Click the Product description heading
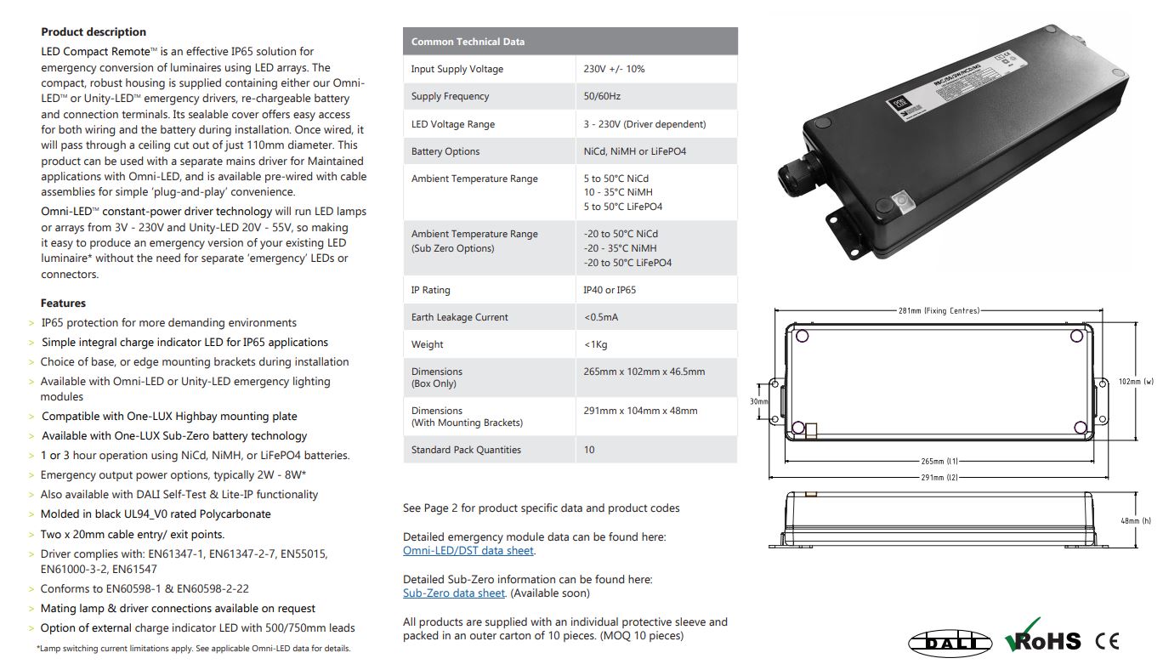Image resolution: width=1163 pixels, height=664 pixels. (94, 32)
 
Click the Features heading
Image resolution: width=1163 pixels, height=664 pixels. (63, 303)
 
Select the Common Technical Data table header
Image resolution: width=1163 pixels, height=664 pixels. (468, 42)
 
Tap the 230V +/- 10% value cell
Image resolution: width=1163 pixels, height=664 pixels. (614, 69)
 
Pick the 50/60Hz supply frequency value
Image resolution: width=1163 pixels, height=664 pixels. (602, 96)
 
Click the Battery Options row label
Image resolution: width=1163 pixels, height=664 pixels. (445, 151)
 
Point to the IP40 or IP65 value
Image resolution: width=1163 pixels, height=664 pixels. (610, 290)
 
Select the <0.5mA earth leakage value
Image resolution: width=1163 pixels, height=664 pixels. (601, 317)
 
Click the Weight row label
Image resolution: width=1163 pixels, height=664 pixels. (427, 344)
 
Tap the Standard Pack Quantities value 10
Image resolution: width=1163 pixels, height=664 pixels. (589, 450)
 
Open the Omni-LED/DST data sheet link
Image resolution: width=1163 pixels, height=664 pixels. (468, 551)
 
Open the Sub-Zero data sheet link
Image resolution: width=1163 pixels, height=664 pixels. (454, 593)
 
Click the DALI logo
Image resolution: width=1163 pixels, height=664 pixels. (950, 642)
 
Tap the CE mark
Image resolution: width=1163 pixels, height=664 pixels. (1107, 641)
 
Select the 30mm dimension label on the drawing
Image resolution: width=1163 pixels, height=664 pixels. (759, 401)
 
